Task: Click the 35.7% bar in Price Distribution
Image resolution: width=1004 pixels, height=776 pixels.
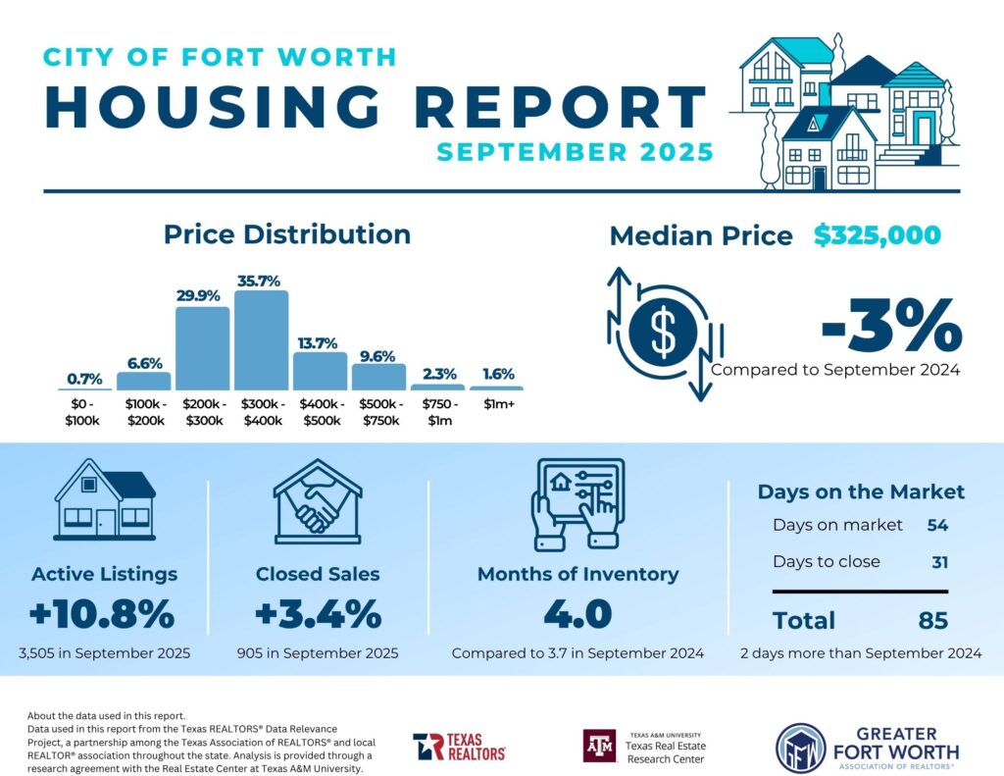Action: tap(262, 340)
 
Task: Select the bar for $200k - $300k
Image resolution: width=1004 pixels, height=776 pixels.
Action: tap(202, 348)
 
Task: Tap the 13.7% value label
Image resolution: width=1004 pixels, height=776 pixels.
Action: tap(320, 343)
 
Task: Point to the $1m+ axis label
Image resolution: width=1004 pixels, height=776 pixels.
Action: tap(497, 404)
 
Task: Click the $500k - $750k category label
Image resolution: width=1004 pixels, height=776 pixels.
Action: tap(378, 411)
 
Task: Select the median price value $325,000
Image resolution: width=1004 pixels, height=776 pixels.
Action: tap(877, 235)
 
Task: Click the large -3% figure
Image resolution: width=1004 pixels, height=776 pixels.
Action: tap(890, 326)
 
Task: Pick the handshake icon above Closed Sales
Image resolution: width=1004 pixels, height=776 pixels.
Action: tap(318, 501)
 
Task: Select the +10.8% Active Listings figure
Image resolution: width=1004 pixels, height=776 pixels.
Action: tap(102, 615)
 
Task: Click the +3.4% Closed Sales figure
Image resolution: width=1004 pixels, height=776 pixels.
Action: tap(318, 615)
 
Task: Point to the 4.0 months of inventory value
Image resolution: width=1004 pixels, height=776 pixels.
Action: tap(577, 615)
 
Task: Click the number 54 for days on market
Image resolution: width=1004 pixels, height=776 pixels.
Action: tap(937, 525)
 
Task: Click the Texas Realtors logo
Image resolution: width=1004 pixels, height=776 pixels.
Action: tap(459, 747)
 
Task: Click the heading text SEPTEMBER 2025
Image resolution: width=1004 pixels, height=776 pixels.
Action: tap(575, 152)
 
